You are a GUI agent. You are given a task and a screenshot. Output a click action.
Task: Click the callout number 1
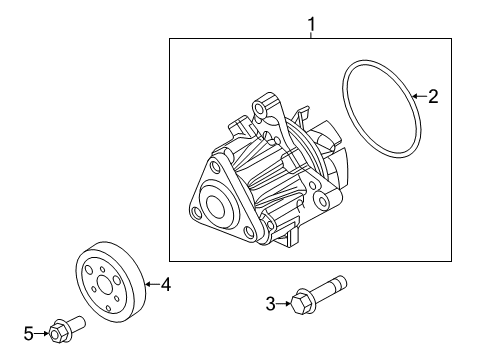pos(311,24)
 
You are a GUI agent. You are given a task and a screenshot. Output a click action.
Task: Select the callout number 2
pos(433,96)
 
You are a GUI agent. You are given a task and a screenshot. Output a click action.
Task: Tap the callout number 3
pos(271,304)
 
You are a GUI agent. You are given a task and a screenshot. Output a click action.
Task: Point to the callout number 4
pos(166,284)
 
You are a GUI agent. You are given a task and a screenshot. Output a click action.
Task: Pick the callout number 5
pos(29,333)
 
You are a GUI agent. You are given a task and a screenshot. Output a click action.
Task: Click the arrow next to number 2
pos(419,96)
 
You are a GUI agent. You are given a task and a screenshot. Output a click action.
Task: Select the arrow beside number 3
pos(284,303)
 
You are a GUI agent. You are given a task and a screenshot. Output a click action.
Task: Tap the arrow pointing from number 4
pos(152,284)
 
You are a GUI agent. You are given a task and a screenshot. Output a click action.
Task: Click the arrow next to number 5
pos(42,333)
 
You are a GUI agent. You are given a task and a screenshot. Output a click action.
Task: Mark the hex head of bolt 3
pos(301,302)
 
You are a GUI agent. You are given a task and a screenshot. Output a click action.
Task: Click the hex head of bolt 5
pos(58,330)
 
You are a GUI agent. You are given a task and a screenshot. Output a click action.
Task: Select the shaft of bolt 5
pos(77,323)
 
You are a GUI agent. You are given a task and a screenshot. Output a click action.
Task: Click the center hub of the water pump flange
pos(216,206)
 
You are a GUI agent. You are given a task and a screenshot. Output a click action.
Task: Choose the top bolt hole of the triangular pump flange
pos(213,166)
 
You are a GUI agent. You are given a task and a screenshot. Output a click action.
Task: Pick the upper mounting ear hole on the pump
pos(260,108)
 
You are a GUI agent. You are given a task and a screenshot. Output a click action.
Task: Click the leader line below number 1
pos(311,35)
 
